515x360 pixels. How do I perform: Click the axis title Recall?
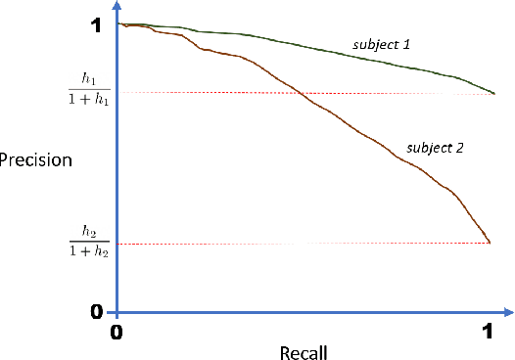coord(302,350)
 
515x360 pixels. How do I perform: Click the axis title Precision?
coord(35,159)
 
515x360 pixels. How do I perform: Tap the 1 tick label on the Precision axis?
coord(95,27)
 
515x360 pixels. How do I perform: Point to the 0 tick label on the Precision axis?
coord(95,311)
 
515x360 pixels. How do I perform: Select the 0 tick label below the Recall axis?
coord(117,334)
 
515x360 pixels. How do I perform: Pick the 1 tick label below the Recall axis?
coord(488,334)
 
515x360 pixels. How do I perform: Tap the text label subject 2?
coord(435,149)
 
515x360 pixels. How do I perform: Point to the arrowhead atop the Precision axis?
coord(117,5)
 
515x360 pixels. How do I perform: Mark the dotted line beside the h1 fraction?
coord(294,93)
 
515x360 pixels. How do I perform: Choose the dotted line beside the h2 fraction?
coord(294,244)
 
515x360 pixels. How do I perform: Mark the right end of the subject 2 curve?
coord(489,242)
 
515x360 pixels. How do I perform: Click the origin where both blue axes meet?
coord(117,313)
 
